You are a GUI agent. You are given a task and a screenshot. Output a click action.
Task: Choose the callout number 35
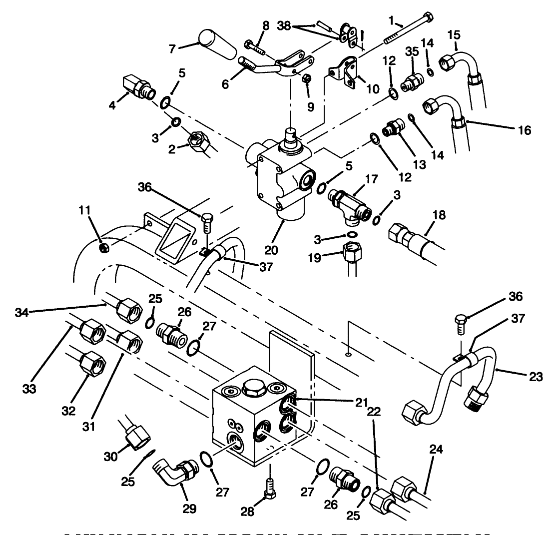(x=412, y=51)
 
